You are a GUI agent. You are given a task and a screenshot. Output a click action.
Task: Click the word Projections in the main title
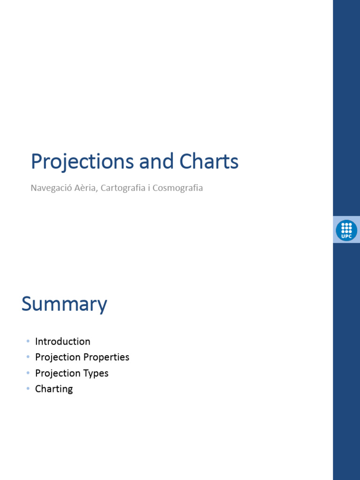coord(82,162)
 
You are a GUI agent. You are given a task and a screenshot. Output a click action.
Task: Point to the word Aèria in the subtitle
coord(85,188)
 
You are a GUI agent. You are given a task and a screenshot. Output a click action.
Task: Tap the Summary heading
coord(64,305)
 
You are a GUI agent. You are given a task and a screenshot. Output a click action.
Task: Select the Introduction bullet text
coord(62,341)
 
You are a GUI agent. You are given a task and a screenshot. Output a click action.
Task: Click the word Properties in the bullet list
coord(106,357)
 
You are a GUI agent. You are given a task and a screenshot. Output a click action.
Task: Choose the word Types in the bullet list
coord(96,373)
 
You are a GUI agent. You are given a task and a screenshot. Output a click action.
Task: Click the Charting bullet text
coord(54,389)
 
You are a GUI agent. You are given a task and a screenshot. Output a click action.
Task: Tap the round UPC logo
coord(346,230)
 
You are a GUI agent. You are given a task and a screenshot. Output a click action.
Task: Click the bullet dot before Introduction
coord(28,341)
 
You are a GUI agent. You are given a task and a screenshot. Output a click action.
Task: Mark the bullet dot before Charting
coord(28,389)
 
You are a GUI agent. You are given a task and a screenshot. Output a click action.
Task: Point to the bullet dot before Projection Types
coord(28,373)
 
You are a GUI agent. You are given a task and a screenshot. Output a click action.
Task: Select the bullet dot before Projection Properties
coord(28,357)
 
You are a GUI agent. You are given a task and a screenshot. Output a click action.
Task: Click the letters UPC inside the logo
coord(346,236)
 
